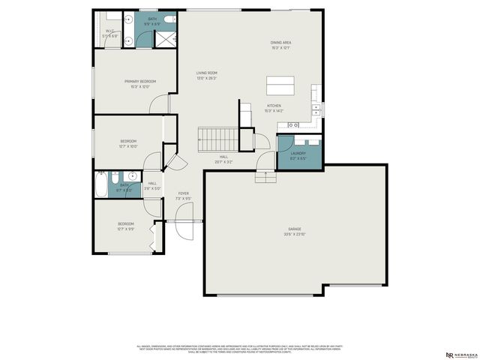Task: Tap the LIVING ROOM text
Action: click(x=207, y=73)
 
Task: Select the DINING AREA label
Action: click(x=281, y=43)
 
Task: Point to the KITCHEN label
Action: click(x=274, y=106)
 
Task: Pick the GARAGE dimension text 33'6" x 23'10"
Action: click(x=294, y=233)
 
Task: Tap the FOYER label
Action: click(x=182, y=193)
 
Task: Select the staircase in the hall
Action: click(x=217, y=137)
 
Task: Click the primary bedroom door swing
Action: click(x=157, y=106)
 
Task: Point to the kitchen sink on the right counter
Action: click(x=316, y=108)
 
